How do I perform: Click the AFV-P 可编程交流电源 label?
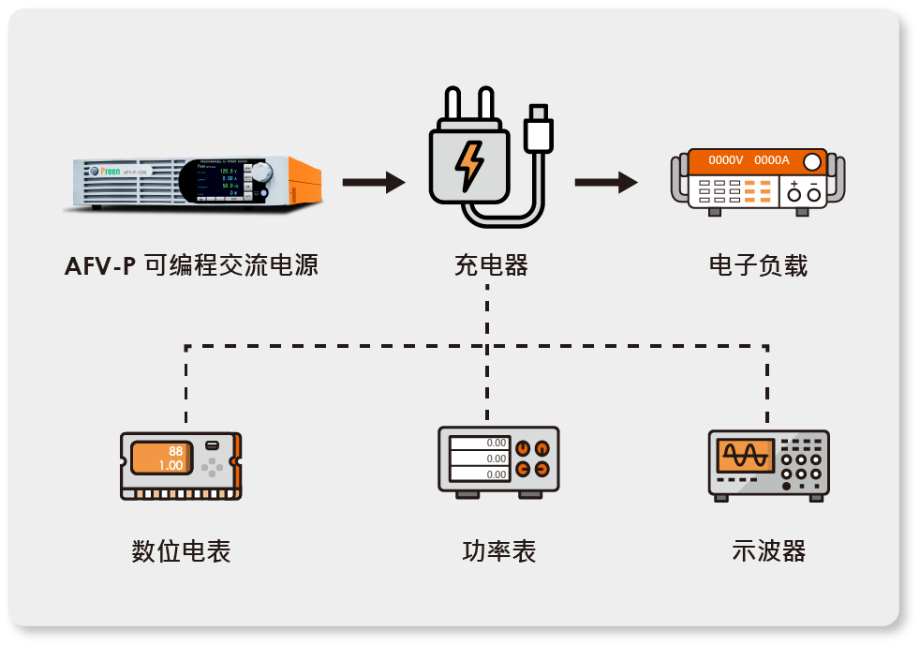[x=191, y=265]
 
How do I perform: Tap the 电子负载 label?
[x=758, y=265]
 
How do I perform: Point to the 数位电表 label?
[x=181, y=550]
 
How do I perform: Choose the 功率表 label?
[x=498, y=550]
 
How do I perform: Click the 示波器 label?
[x=768, y=550]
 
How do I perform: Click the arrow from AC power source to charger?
[x=374, y=182]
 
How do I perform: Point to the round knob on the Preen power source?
[x=262, y=173]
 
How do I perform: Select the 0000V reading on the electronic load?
[x=726, y=161]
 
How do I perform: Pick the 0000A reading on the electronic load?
[x=772, y=161]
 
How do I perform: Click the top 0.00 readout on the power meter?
[x=479, y=443]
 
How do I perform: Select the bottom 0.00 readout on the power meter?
[x=479, y=474]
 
